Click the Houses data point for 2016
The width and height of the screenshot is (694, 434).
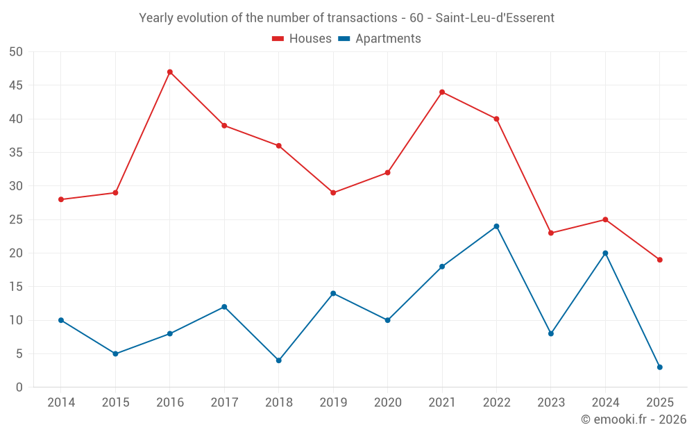[x=170, y=72]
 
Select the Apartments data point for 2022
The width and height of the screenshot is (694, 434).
[x=496, y=226]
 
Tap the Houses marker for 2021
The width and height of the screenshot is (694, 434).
[x=442, y=92]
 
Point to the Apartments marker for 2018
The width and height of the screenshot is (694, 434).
[x=279, y=360]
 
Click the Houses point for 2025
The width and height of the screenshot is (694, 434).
[x=660, y=260]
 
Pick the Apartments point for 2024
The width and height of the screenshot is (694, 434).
[x=605, y=253]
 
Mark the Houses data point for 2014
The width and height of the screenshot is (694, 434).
[x=61, y=199]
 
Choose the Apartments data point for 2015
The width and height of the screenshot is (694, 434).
[x=115, y=354]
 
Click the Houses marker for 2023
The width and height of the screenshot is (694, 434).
[x=551, y=233]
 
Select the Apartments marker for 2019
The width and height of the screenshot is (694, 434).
[x=333, y=293]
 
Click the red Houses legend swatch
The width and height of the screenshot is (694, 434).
[x=278, y=39]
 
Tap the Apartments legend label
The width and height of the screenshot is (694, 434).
[x=388, y=39]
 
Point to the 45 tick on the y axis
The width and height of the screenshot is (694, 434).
[x=16, y=85]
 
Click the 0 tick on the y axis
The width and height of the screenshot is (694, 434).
[x=19, y=387]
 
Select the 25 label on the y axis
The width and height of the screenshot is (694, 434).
[x=16, y=219]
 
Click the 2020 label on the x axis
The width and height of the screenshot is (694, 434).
[x=388, y=403]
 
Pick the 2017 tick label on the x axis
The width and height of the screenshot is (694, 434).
[x=224, y=403]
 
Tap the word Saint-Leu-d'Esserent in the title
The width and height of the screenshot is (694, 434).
[x=495, y=18]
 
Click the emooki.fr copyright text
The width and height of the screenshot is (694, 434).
[x=634, y=419]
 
